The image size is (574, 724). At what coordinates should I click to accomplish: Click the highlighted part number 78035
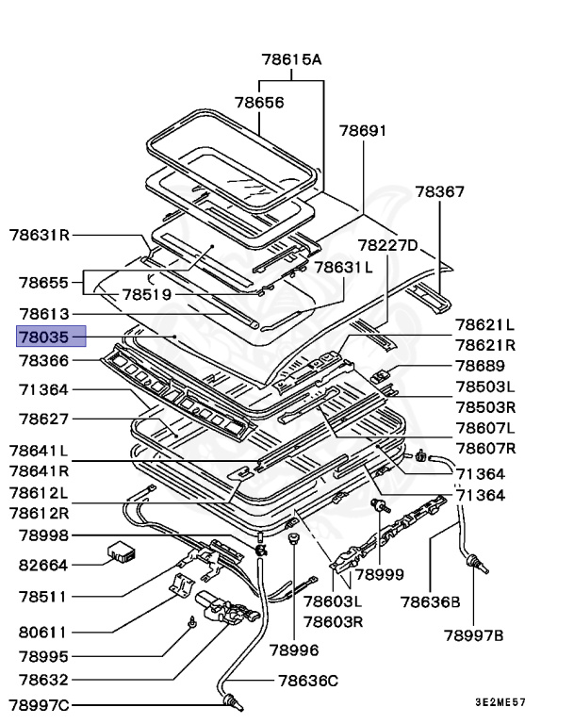point(52,337)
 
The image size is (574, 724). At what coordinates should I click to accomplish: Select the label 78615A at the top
point(291,59)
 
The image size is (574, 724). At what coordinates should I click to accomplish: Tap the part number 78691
point(363,131)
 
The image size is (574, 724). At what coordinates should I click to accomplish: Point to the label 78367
point(440,191)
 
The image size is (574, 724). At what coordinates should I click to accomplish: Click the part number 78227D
point(385,245)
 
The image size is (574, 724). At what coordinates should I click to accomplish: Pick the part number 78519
point(146,294)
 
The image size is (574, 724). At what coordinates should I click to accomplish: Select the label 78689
point(480,366)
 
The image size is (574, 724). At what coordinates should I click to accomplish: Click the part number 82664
point(44,566)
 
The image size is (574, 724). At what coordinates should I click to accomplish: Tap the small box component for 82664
point(122,551)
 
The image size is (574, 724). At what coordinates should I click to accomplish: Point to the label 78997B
point(473,635)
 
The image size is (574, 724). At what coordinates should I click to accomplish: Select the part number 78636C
point(307,680)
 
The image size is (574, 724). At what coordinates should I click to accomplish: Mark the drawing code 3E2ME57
point(500,702)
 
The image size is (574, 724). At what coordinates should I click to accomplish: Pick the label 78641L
point(39,451)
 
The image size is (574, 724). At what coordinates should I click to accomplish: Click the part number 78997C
point(39,703)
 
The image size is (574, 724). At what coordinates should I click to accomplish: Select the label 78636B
point(430,601)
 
